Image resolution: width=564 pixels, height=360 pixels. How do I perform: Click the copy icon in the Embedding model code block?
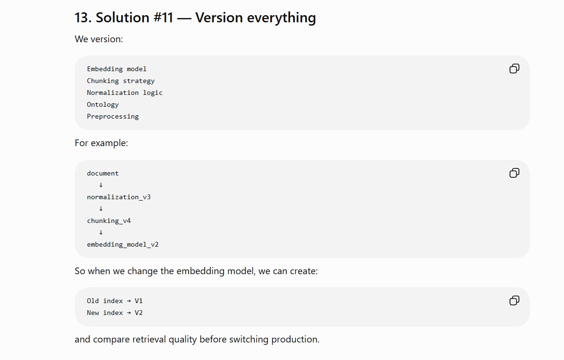tap(514, 68)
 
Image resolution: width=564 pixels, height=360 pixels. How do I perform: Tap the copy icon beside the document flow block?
tap(514, 173)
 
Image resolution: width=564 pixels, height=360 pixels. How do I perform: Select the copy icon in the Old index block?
tap(514, 300)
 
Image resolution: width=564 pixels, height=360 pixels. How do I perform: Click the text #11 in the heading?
tap(164, 18)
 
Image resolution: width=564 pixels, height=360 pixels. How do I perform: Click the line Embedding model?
tap(117, 69)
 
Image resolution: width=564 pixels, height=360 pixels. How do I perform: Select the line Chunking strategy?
tap(120, 81)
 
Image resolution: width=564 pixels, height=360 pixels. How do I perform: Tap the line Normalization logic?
tap(125, 92)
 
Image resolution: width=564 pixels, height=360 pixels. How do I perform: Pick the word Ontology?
tap(102, 104)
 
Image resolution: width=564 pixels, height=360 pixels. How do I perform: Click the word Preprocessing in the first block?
tap(113, 116)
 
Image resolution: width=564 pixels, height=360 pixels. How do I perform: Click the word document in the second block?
tap(102, 173)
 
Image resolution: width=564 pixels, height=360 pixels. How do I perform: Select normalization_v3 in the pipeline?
tap(118, 197)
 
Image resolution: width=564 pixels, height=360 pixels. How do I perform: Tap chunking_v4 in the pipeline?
tap(109, 221)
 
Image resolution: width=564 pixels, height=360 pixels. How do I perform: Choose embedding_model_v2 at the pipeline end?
tap(123, 244)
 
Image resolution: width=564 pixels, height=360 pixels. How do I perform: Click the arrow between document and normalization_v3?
tap(100, 185)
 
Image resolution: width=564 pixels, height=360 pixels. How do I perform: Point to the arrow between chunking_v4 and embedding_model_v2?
tap(100, 232)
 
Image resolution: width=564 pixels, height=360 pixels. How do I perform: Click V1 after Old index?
tap(138, 301)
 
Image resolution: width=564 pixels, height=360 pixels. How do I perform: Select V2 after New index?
tap(138, 313)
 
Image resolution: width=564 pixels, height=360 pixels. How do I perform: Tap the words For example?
tap(101, 143)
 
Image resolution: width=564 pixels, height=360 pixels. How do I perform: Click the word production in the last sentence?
tap(295, 340)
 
